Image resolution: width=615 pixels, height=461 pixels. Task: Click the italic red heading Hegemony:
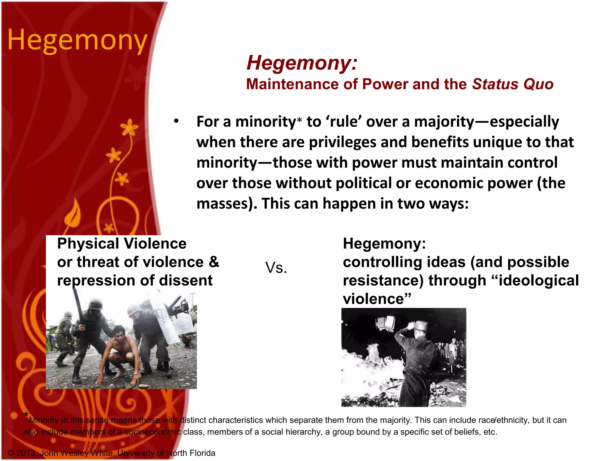(x=302, y=63)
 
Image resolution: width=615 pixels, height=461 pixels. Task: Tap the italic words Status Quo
(x=513, y=84)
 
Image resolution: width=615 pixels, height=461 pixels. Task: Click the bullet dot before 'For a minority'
(x=176, y=121)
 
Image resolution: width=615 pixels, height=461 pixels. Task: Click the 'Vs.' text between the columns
(x=276, y=267)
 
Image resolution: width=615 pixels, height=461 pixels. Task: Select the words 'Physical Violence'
(x=122, y=243)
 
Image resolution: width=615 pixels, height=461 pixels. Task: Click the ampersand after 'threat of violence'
(x=214, y=262)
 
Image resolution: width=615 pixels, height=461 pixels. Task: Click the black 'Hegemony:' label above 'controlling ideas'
(x=384, y=243)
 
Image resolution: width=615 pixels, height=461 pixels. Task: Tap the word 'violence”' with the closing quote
(x=377, y=299)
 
